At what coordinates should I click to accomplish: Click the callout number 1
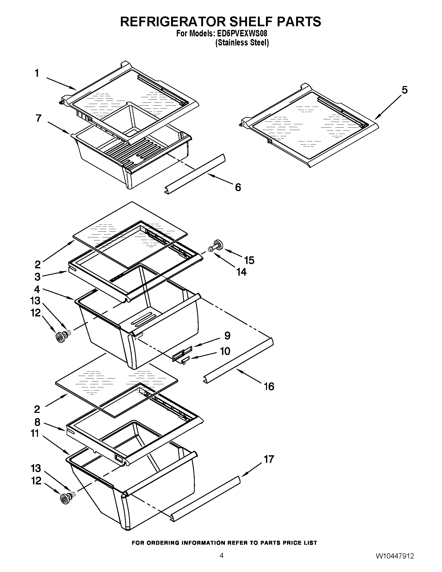tap(37, 73)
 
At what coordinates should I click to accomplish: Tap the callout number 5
tap(405, 90)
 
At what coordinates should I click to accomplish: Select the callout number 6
tap(238, 187)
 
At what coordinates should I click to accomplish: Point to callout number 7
tap(38, 118)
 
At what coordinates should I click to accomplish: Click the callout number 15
tap(249, 260)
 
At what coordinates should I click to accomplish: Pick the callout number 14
tap(241, 272)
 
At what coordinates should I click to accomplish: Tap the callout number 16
tap(269, 386)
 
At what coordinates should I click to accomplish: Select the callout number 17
tap(269, 459)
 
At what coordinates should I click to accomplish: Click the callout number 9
tap(227, 335)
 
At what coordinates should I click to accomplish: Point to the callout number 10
tap(225, 351)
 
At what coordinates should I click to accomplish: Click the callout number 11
tap(35, 433)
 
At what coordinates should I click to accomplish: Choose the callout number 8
tap(37, 422)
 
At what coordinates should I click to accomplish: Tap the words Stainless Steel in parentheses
tap(242, 43)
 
